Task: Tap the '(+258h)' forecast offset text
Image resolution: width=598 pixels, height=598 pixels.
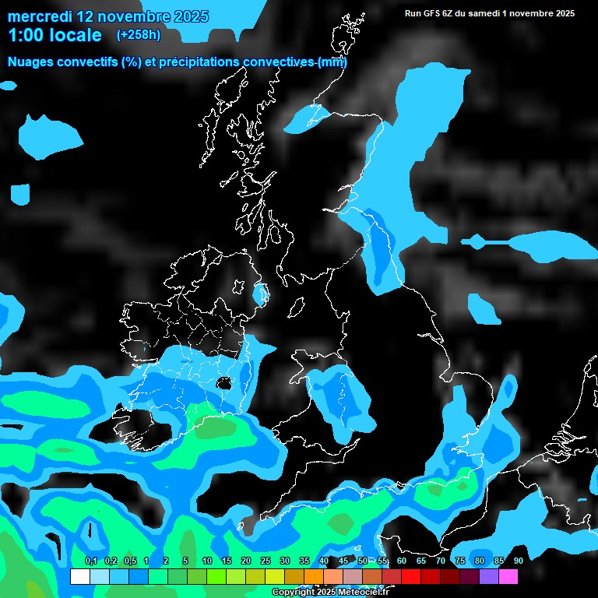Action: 138,34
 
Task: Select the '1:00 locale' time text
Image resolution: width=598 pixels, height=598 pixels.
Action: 55,35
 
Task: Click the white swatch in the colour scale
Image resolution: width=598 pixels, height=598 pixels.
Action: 79,576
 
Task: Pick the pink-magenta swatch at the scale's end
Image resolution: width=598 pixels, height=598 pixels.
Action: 508,576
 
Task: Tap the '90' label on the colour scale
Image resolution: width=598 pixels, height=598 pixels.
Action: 518,561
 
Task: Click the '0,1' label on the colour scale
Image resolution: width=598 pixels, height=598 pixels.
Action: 90,561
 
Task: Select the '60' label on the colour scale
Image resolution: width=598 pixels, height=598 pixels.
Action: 401,561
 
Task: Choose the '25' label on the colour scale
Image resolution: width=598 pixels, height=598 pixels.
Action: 265,561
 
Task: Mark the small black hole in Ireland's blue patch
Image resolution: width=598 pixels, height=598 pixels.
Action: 226,383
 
